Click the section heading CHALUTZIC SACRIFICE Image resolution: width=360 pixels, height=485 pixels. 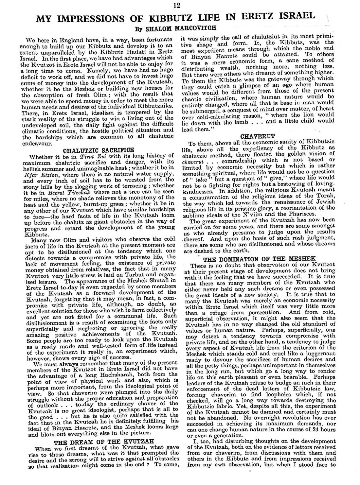pos(98,150)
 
